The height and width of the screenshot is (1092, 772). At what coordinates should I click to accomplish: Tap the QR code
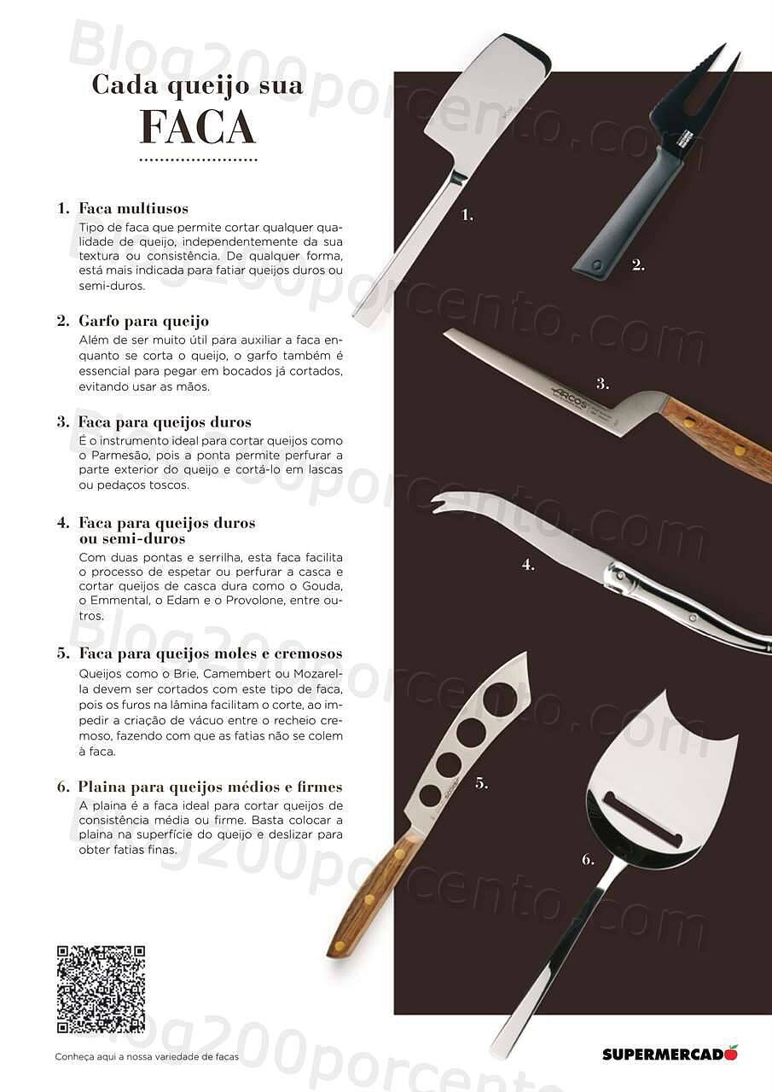pos(101,989)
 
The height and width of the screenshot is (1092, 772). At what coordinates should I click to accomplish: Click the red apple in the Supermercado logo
pos(731,1052)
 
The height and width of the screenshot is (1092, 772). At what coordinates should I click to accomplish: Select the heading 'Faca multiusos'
pos(133,208)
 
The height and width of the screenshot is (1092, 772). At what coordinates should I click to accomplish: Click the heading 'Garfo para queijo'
pos(143,321)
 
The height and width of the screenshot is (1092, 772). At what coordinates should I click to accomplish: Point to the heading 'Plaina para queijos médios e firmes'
pos(210,787)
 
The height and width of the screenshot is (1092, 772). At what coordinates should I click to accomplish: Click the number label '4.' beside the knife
pos(528,564)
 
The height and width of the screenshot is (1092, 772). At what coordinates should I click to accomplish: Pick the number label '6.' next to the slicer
pos(588,859)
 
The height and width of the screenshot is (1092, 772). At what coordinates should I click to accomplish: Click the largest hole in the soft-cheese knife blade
pos(499,700)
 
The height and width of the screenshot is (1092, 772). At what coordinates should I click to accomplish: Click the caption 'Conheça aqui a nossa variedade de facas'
pos(147,1057)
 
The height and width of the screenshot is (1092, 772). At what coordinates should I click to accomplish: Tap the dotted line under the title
pos(197,160)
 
